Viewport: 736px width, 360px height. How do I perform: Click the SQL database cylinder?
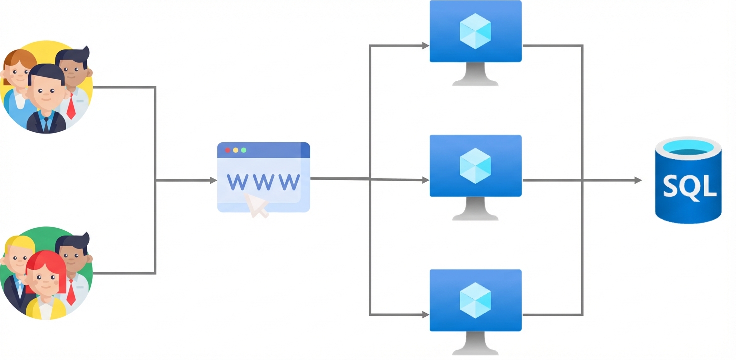point(688,182)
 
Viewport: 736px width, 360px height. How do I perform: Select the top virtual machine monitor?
point(475,32)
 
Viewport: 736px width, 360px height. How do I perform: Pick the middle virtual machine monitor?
point(475,166)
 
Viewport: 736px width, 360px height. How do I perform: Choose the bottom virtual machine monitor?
point(475,300)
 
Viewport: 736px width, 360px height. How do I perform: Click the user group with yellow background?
point(46,87)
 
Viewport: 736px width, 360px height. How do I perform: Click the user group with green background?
point(46,273)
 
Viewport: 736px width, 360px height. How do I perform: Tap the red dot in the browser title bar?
point(228,150)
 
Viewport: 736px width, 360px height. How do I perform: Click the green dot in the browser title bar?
point(244,150)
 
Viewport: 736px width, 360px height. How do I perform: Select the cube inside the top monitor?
point(475,31)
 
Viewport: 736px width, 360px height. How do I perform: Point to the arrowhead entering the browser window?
point(213,180)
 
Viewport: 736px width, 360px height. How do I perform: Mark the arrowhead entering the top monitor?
point(426,46)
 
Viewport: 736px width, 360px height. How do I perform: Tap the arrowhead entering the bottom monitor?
point(426,315)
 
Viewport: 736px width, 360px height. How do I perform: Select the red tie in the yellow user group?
point(71,106)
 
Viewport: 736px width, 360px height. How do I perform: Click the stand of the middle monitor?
point(475,209)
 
